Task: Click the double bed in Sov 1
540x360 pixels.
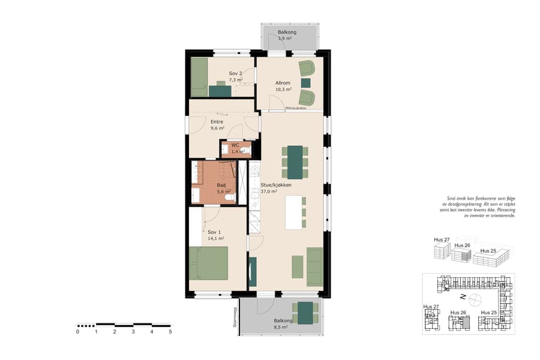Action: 208,263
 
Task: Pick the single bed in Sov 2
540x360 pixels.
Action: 199,77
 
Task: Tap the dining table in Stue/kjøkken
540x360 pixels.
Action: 295,163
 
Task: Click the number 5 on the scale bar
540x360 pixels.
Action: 170,331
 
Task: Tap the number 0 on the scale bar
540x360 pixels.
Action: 77,331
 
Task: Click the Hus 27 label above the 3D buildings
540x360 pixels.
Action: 442,240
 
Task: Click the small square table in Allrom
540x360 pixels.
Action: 306,82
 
